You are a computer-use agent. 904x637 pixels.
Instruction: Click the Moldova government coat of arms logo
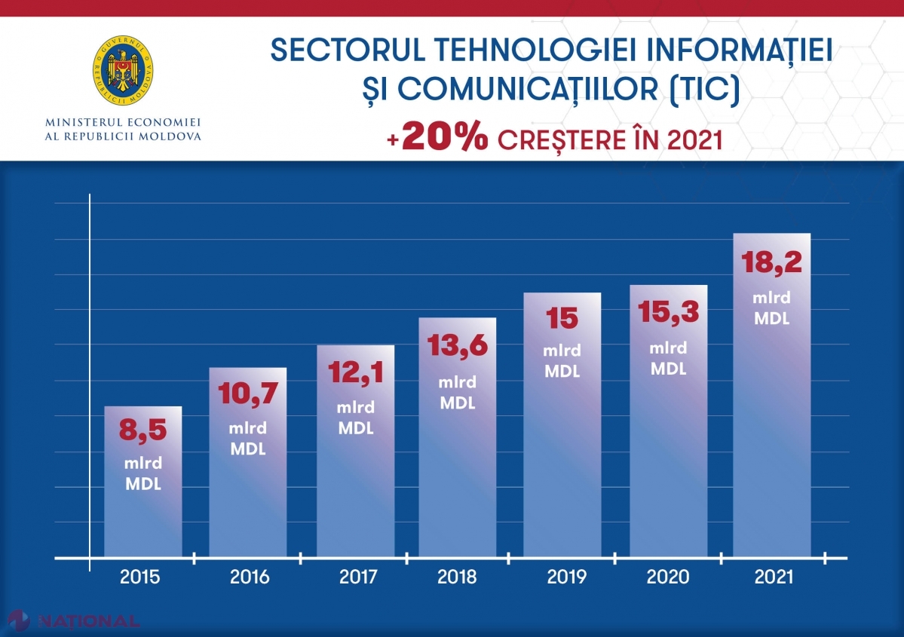(123, 71)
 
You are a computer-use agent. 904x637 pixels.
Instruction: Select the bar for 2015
(143, 482)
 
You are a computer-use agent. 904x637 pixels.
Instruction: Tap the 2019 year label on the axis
(566, 577)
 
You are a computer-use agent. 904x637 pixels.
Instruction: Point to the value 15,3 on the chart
(668, 312)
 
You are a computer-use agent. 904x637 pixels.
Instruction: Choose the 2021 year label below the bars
(774, 577)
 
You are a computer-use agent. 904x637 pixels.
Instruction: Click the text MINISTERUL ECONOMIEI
(123, 121)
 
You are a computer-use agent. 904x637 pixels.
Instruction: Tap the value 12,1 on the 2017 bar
(355, 372)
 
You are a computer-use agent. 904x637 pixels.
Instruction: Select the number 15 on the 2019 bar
(562, 318)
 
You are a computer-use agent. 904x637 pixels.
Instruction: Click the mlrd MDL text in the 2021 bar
(771, 308)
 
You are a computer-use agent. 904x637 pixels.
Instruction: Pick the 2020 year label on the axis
(668, 577)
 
